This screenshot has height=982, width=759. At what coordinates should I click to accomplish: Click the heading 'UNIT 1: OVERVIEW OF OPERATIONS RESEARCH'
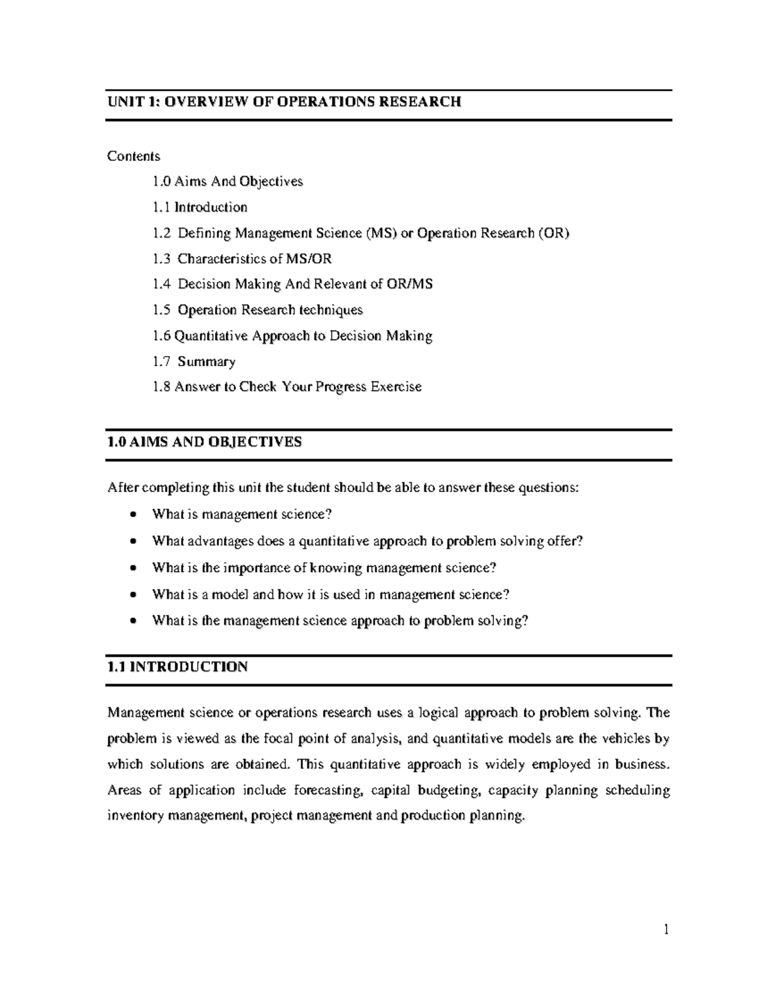coord(284,102)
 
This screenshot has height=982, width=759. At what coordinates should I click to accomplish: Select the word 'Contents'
coord(133,156)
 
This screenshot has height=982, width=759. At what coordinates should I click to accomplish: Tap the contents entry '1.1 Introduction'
coord(200,207)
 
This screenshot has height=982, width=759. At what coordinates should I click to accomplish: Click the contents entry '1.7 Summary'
coord(194,362)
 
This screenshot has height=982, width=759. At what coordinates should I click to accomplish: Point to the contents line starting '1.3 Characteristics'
coord(242,259)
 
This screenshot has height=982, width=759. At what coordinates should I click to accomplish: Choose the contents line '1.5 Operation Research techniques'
coord(258,310)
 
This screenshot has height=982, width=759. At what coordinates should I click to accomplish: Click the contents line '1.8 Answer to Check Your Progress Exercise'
coord(287,387)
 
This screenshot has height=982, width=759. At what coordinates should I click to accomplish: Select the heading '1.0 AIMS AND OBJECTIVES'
coord(205,442)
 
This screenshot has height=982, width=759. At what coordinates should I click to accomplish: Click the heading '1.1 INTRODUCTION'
coord(178,667)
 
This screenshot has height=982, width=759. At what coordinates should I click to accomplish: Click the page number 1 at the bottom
coord(666,930)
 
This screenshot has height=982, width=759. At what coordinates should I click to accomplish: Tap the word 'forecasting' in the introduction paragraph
coord(329,790)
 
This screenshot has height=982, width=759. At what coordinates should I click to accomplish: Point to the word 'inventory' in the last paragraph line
coord(135,816)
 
